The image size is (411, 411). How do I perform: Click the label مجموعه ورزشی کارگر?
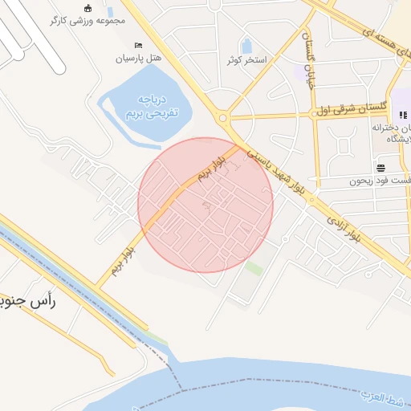pyautogui.click(x=88, y=21)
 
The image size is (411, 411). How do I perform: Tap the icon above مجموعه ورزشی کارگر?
pyautogui.click(x=87, y=8)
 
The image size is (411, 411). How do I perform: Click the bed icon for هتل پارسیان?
pyautogui.click(x=138, y=46)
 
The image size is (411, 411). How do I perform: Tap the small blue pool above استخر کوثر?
pyautogui.click(x=246, y=45)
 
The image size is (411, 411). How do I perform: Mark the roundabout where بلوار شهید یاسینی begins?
pyautogui.click(x=228, y=119)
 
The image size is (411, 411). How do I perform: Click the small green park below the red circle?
pyautogui.click(x=254, y=268)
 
